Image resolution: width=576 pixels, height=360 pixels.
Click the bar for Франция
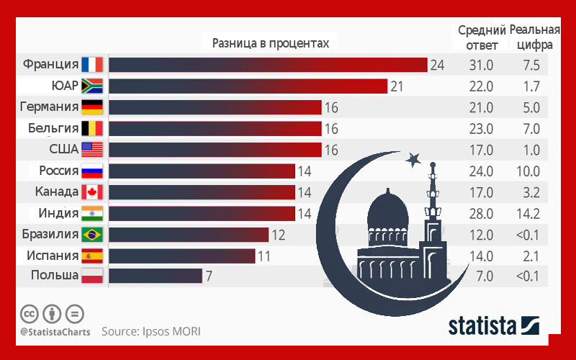coord(267,65)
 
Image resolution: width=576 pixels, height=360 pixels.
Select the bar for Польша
coord(155,275)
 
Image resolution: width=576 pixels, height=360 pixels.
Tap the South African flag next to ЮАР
coord(93,86)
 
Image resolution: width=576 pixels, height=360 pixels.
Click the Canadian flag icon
coord(93,192)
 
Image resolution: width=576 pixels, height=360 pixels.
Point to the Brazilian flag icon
coord(93,235)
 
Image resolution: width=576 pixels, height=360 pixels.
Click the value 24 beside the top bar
coord(437,66)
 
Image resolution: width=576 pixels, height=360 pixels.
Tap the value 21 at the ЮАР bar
coord(397,87)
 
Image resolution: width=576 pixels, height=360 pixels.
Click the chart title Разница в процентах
coord(271,43)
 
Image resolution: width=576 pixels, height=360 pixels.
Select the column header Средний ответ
coord(481,37)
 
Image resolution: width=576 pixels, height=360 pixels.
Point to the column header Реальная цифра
coord(534,37)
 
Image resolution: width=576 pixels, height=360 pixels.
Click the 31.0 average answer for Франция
coord(481,66)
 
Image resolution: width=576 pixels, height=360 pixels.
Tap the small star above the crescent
coord(413,158)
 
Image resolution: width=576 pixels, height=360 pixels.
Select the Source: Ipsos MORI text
coord(150,332)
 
